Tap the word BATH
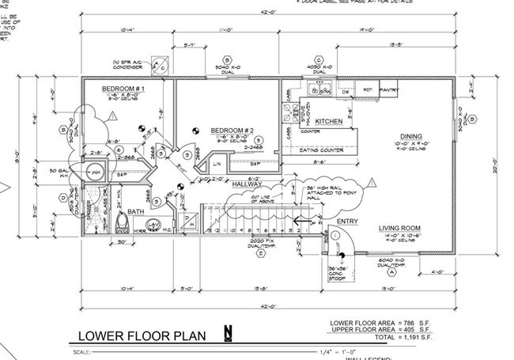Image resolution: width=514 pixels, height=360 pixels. click(x=135, y=211)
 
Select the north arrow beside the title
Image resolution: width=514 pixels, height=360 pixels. click(x=228, y=335)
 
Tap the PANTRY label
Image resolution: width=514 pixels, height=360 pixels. click(x=390, y=91)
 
